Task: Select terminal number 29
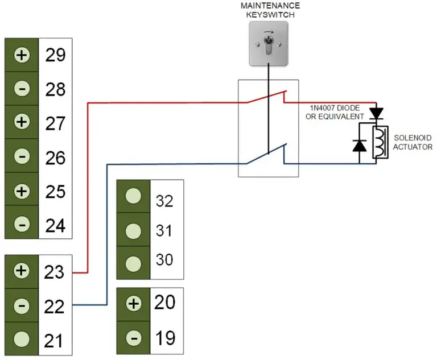click(x=55, y=56)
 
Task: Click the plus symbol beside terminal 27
click(x=22, y=123)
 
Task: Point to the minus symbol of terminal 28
click(x=22, y=89)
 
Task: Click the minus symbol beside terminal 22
click(x=22, y=305)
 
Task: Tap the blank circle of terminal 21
click(x=22, y=340)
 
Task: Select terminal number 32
click(x=164, y=201)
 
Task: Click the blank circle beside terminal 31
click(x=133, y=231)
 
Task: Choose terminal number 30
click(x=164, y=260)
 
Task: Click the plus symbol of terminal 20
click(x=133, y=304)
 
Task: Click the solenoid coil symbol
click(x=379, y=142)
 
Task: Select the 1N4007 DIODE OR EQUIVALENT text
click(x=335, y=112)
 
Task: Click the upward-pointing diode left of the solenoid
click(x=359, y=146)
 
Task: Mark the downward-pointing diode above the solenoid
click(x=376, y=114)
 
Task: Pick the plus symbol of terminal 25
click(x=22, y=191)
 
